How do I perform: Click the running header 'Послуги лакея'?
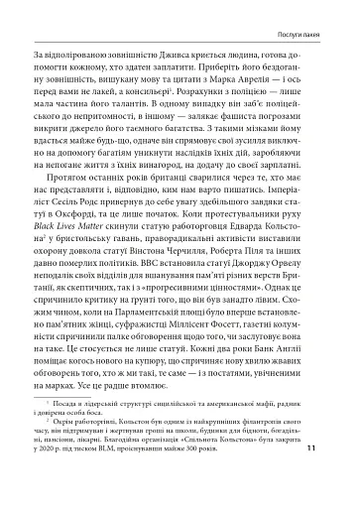click(310, 12)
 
